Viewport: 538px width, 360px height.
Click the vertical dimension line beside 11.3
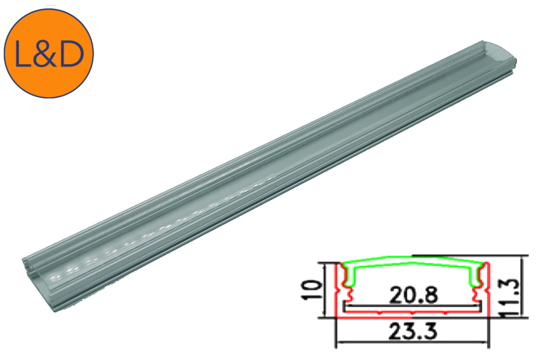tap(499, 288)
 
